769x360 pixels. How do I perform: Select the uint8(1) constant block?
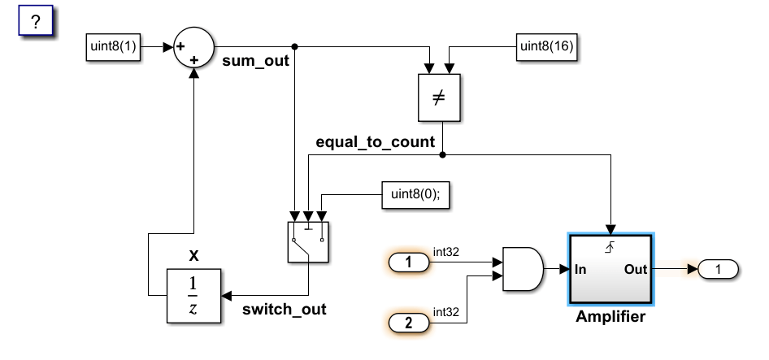pos(115,49)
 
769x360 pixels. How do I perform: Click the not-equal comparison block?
pos(439,99)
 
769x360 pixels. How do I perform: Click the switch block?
pos(308,241)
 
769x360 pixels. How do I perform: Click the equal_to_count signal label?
pos(376,143)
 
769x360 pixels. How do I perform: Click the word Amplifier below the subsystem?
pos(610,317)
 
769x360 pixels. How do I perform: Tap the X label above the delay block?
pos(193,256)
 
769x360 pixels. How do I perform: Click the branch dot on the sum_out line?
pos(295,46)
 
